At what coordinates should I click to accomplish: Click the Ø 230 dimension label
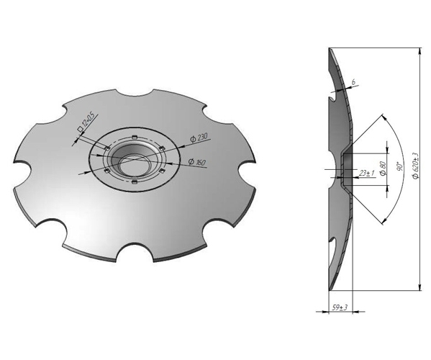point(199,138)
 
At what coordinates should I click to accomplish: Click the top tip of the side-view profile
point(329,49)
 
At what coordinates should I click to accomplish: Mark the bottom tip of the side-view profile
point(329,291)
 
